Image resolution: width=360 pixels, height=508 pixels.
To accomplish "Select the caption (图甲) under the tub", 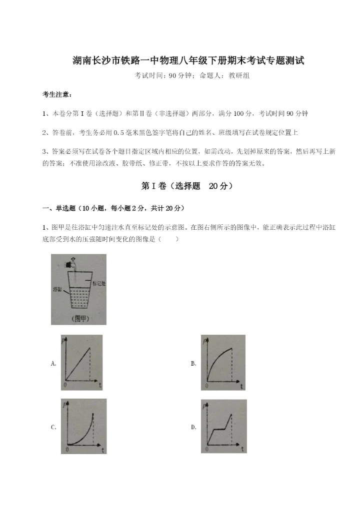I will pyautogui.click(x=78, y=318).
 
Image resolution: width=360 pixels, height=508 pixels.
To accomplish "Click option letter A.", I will pyautogui.click(x=53, y=364).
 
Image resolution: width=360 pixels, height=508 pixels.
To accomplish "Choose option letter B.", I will pyautogui.click(x=193, y=364).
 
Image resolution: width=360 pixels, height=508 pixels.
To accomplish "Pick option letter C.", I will pyautogui.click(x=53, y=427).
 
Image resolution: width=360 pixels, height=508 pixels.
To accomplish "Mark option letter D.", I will pyautogui.click(x=193, y=427).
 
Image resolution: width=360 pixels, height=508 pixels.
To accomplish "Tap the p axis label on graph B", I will pyautogui.click(x=205, y=340).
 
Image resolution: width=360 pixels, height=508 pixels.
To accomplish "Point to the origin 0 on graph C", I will pyautogui.click(x=66, y=449).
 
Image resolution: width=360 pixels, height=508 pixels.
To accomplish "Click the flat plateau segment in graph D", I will pyautogui.click(x=220, y=429).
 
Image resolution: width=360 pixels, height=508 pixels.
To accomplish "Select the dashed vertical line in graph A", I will pyautogui.click(x=90, y=365).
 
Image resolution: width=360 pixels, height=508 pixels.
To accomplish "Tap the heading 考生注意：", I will pyautogui.click(x=57, y=94).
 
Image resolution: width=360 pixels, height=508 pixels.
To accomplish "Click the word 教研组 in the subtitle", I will pyautogui.click(x=239, y=76).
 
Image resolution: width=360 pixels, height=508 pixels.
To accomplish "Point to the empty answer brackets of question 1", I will pyautogui.click(x=168, y=239).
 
